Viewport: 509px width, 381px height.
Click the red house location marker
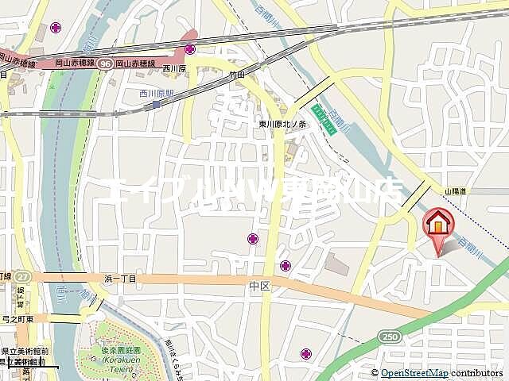click(437, 225)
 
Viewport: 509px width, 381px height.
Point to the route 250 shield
click(390, 338)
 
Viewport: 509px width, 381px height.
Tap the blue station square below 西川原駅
click(156, 103)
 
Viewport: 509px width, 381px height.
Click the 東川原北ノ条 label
click(287, 124)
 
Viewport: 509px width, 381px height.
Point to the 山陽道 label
click(454, 191)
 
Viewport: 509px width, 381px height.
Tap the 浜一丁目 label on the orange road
click(120, 278)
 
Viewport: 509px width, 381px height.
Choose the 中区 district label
click(259, 285)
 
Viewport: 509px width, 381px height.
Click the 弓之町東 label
click(17, 318)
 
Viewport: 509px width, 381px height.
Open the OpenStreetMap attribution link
click(414, 372)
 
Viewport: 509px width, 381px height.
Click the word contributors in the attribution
click(477, 372)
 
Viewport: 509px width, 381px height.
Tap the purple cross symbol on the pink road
click(190, 49)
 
